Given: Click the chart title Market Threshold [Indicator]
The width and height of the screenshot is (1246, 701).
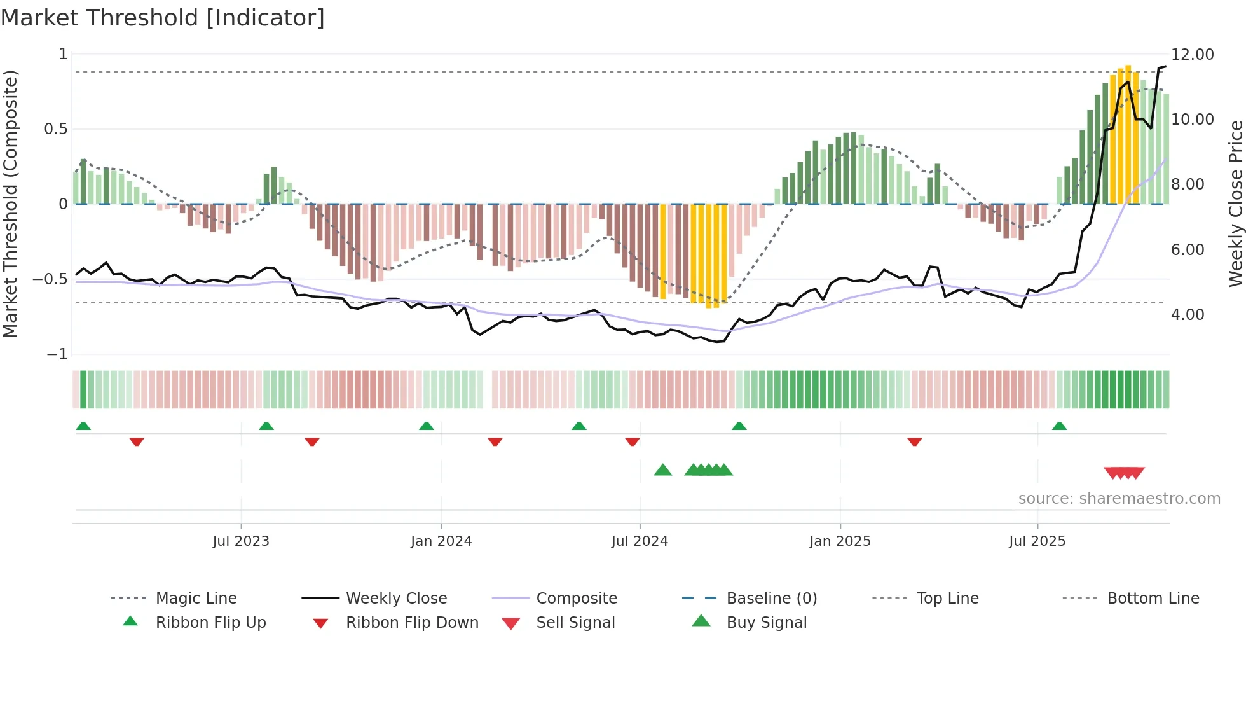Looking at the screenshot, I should (x=163, y=18).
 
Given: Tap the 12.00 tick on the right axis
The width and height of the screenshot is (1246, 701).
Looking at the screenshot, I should (x=1192, y=55).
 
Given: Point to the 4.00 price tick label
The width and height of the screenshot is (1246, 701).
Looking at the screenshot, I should (x=1187, y=315).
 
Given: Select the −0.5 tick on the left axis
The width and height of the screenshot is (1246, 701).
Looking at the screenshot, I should (x=50, y=279).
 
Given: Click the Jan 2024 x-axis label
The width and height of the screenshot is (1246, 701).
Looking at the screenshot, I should (x=441, y=541).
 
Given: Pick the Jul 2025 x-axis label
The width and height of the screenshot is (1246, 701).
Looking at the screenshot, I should (x=1037, y=541).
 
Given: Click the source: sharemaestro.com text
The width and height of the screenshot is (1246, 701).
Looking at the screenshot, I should (x=1119, y=499).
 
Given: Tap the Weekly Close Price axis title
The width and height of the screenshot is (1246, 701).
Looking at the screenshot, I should (x=1235, y=204).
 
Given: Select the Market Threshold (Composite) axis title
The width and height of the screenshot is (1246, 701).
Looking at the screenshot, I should (x=10, y=204).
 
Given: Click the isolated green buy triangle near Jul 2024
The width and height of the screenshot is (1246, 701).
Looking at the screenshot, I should (x=662, y=470).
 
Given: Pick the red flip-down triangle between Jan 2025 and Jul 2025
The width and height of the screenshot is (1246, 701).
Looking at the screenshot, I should (x=914, y=441).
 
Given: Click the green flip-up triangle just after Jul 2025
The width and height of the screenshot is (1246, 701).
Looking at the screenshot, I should (x=1059, y=426).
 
